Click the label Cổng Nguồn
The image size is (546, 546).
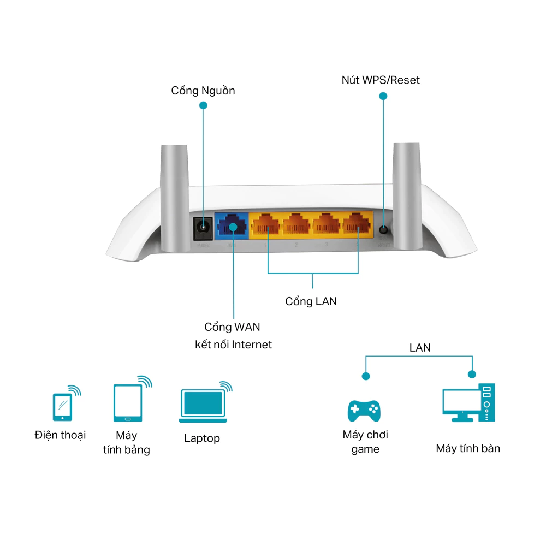[203, 91]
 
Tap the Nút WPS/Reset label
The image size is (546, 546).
[381, 80]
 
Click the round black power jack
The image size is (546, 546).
[203, 226]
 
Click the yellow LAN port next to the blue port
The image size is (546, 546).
[267, 225]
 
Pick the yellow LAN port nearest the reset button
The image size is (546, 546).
[357, 225]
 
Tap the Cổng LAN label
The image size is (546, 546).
[311, 301]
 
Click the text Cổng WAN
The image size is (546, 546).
[232, 327]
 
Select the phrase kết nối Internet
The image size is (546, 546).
[233, 345]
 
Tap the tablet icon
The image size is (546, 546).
[128, 403]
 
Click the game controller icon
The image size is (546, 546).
[364, 410]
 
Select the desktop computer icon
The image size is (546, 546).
[468, 404]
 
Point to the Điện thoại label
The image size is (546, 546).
[60, 435]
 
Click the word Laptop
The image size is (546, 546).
[202, 438]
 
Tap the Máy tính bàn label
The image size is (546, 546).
[468, 449]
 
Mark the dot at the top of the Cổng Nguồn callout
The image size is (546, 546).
[204, 105]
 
